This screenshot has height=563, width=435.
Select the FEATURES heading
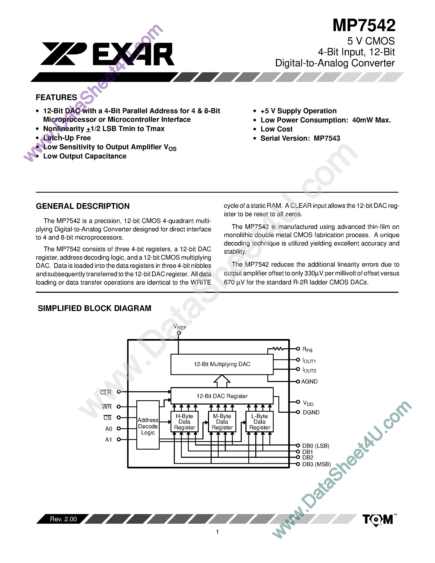click(56, 97)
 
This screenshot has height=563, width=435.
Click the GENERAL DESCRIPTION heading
click(82, 206)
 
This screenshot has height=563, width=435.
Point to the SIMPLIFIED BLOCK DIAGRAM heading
click(94, 308)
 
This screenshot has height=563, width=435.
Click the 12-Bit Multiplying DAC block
click(222, 364)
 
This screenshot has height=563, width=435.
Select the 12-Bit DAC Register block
click(222, 396)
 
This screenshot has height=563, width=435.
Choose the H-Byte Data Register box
click(184, 422)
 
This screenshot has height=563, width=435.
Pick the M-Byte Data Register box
click(222, 422)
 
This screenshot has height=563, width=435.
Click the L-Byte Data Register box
click(260, 422)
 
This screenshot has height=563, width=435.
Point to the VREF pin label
click(180, 327)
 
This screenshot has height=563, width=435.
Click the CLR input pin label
click(106, 393)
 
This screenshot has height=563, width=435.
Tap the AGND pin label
click(309, 382)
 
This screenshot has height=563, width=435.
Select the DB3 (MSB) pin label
click(316, 464)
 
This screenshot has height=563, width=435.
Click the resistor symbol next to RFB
click(278, 349)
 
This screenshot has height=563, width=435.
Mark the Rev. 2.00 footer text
click(63, 519)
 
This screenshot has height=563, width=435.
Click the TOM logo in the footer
click(378, 519)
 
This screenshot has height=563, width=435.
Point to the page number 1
click(217, 532)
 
